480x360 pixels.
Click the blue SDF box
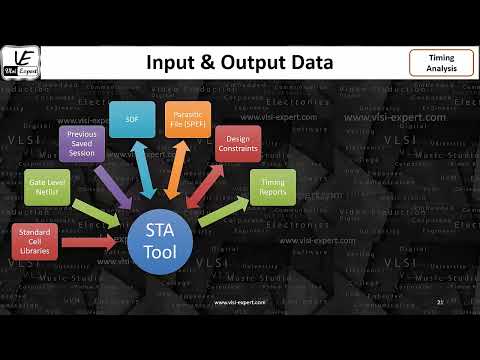click(x=130, y=119)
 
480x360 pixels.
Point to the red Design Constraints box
click(x=238, y=144)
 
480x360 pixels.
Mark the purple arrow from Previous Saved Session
click(x=115, y=183)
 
